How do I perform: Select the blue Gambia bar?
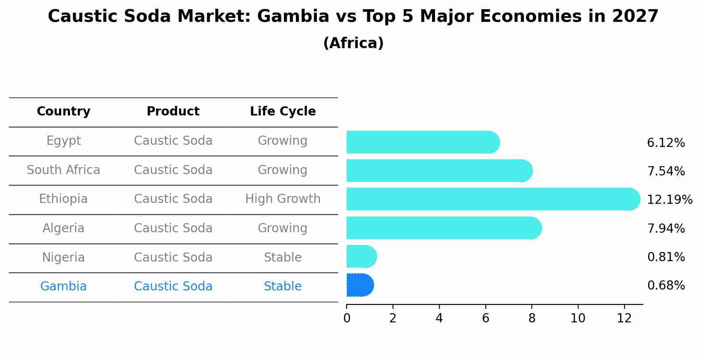tap(359, 285)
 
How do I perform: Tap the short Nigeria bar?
tap(361, 256)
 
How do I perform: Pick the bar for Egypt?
tap(422, 142)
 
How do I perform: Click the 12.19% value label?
tap(669, 200)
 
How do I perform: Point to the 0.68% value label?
tap(666, 286)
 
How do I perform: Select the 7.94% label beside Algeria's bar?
tap(666, 228)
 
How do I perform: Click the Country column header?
tap(63, 112)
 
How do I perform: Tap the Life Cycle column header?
tap(283, 112)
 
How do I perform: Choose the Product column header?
tap(173, 112)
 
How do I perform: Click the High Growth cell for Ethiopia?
tap(283, 199)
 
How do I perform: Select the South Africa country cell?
tap(63, 170)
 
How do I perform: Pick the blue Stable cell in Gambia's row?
tap(283, 287)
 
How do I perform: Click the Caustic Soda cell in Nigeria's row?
tap(173, 257)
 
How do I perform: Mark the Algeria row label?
tap(63, 228)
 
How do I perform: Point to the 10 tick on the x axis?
tap(578, 318)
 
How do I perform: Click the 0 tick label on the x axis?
tap(347, 318)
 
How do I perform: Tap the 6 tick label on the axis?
tap(485, 318)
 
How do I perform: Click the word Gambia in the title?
tap(293, 17)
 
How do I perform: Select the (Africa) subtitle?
tap(353, 43)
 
